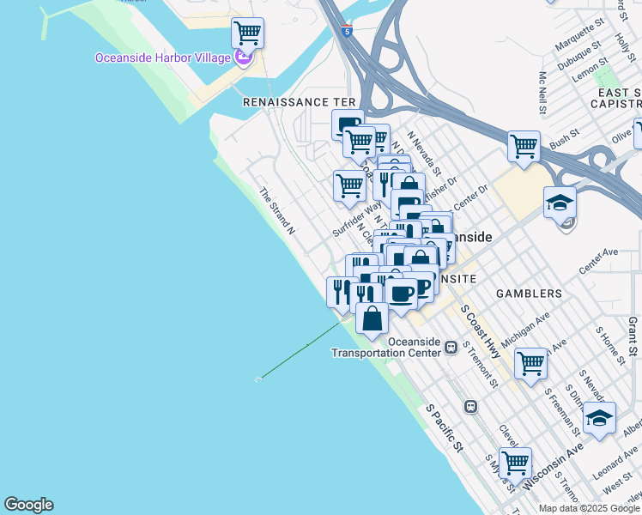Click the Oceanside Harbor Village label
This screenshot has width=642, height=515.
(x=163, y=58)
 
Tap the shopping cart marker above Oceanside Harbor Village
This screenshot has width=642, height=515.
(x=247, y=33)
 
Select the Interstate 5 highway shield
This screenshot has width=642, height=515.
(x=346, y=31)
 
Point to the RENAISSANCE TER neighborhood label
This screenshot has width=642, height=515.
(x=299, y=101)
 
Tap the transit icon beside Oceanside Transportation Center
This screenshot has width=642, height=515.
(x=451, y=347)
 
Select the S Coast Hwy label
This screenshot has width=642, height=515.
(x=480, y=329)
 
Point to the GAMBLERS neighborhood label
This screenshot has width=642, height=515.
(x=529, y=294)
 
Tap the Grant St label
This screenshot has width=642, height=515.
(x=632, y=335)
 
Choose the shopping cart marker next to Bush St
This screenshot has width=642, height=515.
(x=524, y=146)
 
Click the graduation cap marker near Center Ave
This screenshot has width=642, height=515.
(x=560, y=203)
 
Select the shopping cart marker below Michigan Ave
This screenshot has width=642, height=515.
(x=530, y=363)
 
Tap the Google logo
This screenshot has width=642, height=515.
(x=28, y=505)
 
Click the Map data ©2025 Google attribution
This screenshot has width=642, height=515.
(x=589, y=508)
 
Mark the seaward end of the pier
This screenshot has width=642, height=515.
(x=259, y=379)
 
